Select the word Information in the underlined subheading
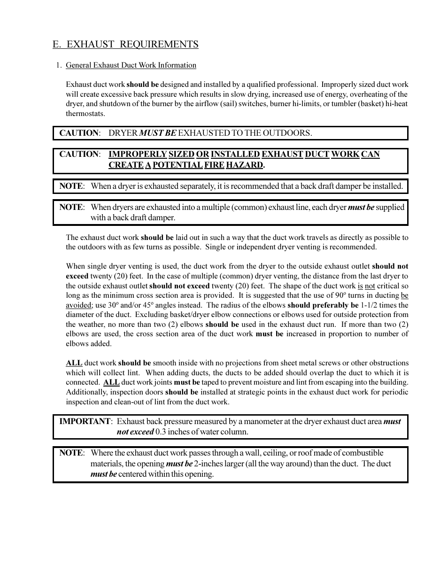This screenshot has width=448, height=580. (x=177, y=65)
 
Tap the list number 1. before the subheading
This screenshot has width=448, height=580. (x=59, y=65)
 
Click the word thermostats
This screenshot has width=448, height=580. (x=85, y=114)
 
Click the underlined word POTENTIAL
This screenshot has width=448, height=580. (x=178, y=165)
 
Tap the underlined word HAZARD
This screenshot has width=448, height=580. (x=244, y=165)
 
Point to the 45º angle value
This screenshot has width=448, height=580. (x=149, y=305)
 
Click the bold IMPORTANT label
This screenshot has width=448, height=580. (x=85, y=421)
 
